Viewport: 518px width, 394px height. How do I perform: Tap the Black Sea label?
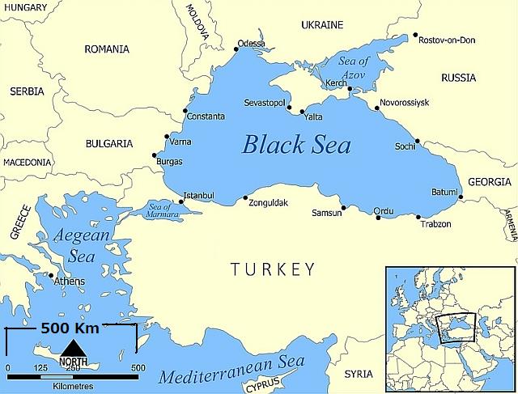[297, 145]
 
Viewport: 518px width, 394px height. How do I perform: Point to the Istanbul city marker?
[181, 201]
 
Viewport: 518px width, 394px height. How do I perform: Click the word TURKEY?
[272, 269]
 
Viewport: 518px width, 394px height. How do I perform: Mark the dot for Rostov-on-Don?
[415, 35]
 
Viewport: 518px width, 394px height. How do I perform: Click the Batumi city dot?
[459, 197]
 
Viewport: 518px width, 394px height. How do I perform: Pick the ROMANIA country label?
[107, 49]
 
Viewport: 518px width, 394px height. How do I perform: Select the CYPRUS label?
[286, 383]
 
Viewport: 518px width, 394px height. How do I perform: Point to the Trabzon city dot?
[418, 217]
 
